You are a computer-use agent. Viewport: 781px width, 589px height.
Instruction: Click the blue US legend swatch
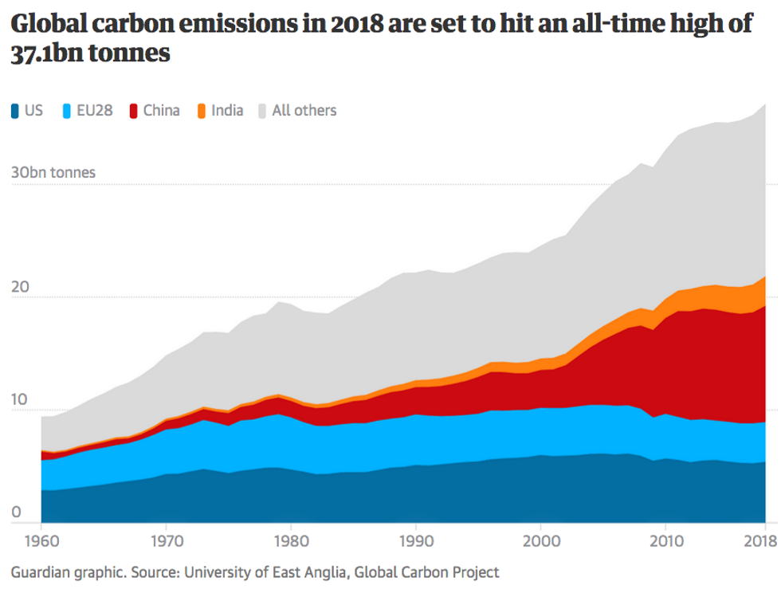tap(15, 111)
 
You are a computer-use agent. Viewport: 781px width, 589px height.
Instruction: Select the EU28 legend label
tap(94, 111)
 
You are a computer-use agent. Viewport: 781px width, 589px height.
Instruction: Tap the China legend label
tap(161, 111)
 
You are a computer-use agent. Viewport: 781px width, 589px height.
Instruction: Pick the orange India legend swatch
tap(202, 111)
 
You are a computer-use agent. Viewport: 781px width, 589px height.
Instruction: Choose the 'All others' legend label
tap(304, 111)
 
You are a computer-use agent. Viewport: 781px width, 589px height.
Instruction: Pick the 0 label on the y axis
tap(14, 512)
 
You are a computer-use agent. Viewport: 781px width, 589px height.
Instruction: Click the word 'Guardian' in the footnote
tap(38, 572)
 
